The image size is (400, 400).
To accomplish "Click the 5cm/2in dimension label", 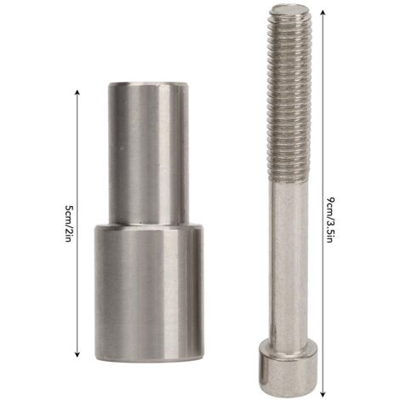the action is pyautogui.click(x=68, y=223).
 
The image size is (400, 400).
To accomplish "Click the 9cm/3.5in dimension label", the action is pyautogui.click(x=329, y=220).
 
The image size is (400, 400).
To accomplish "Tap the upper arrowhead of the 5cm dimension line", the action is pyautogui.click(x=77, y=92).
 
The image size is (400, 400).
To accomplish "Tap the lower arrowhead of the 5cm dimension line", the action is pyautogui.click(x=77, y=354).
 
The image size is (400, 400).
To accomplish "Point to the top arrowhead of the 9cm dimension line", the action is pyautogui.click(x=323, y=12).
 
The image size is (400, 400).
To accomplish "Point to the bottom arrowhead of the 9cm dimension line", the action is pyautogui.click(x=323, y=394).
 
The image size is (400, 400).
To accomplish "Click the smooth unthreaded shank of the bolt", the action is pyautogui.click(x=289, y=260).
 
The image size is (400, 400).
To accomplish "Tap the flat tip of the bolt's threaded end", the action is pyautogui.click(x=289, y=9).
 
